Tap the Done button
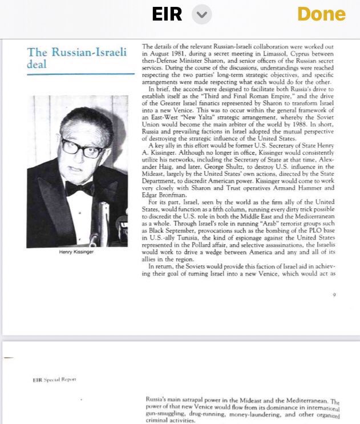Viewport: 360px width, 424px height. (x=329, y=15)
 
